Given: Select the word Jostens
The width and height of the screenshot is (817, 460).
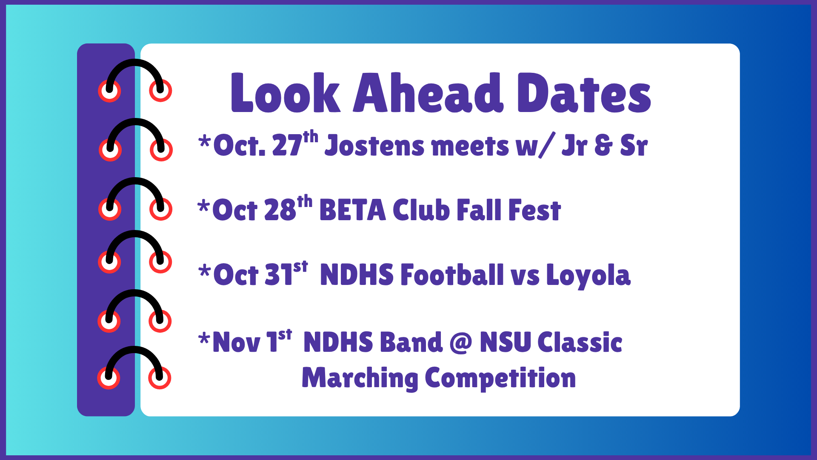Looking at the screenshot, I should (x=374, y=146).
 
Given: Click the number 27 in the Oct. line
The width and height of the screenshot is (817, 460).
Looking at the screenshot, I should (x=287, y=146).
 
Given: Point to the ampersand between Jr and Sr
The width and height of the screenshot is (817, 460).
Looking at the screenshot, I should (x=603, y=146).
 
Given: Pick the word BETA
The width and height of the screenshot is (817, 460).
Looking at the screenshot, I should (x=352, y=210).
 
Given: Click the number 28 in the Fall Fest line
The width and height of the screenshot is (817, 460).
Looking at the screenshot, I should (x=280, y=210).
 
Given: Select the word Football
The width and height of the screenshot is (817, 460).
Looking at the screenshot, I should (x=452, y=275).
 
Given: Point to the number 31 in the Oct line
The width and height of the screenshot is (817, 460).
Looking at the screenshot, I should (x=278, y=275).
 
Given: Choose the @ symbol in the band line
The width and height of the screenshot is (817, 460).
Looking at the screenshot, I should (x=461, y=342).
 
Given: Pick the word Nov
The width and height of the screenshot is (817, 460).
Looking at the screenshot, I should (x=236, y=342).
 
